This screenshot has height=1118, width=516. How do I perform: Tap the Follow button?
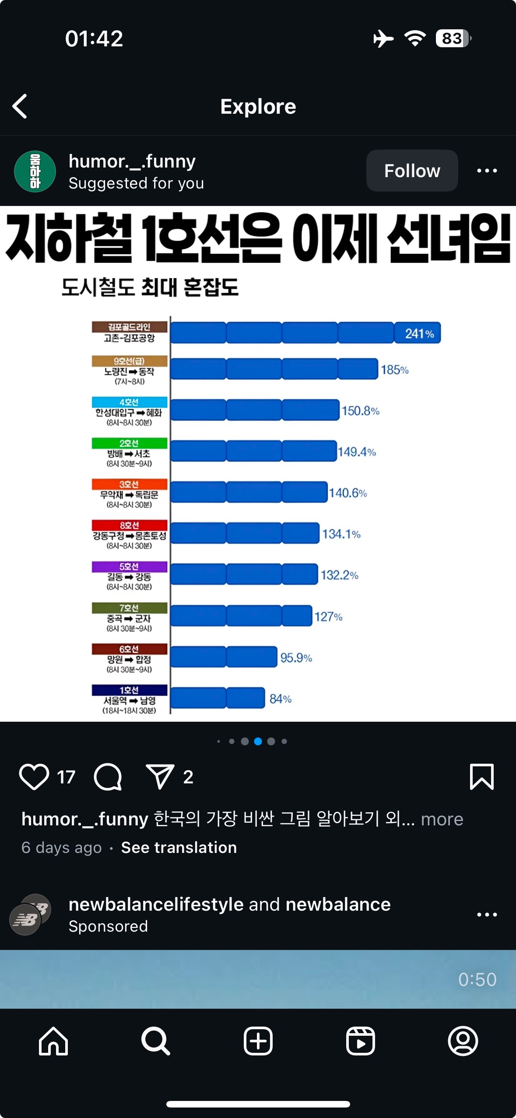point(412,171)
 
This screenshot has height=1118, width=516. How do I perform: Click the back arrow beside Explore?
point(20,106)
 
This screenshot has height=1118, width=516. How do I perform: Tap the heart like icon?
point(34,777)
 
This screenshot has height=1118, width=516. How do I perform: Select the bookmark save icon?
point(481,777)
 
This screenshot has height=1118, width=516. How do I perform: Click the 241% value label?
point(419,333)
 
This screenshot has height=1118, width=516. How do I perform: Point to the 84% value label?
point(280,699)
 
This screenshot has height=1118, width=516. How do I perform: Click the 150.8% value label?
point(360,411)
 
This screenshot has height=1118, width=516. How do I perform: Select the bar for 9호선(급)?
point(274,369)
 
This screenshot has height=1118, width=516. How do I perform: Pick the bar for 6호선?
point(224,657)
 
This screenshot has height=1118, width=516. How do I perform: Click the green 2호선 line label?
point(129,443)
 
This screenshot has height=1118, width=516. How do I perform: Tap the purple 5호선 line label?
point(129,566)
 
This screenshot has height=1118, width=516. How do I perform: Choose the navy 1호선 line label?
point(129,690)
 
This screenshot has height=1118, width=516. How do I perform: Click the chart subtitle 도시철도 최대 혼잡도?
point(150,287)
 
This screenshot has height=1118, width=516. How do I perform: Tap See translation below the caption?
point(179,848)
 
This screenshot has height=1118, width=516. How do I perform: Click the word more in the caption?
point(442,819)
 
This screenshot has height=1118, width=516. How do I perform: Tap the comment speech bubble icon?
point(108,777)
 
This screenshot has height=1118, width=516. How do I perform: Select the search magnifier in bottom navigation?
point(155,1041)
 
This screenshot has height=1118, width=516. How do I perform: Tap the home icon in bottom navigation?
point(53,1041)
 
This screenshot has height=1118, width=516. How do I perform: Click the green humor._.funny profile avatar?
point(35,171)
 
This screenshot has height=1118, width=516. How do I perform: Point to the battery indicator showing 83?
point(453,38)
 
